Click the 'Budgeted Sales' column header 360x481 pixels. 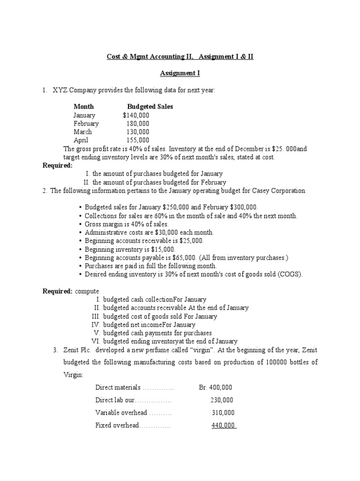tap(150, 107)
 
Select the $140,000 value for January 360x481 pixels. tap(136, 115)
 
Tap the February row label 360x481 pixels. tap(86, 124)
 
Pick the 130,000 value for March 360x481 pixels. tap(138, 132)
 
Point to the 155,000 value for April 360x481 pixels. tap(138, 140)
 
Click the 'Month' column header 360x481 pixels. tap(83, 107)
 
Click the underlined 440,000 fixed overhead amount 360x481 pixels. tap(223, 426)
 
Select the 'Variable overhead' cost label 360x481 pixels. tap(122, 413)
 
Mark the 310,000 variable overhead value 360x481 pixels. tap(223, 413)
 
